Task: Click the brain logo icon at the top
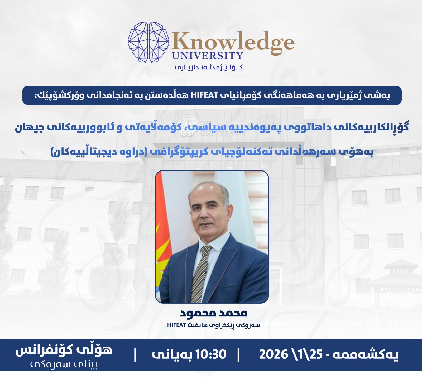148,42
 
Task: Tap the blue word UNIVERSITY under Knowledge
208,56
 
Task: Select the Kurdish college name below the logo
208,67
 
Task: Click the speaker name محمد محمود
214,313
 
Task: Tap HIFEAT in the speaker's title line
177,325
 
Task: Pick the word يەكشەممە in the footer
366,354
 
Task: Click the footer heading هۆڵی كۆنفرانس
64,350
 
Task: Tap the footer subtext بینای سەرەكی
64,365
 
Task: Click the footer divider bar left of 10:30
135,355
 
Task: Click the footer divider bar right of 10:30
239,355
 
